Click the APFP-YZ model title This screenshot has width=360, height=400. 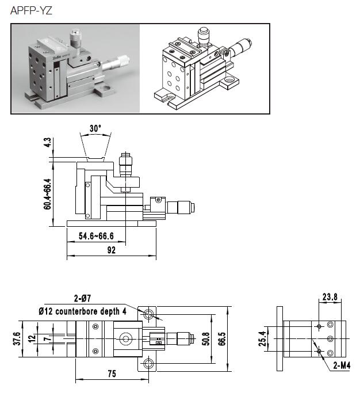[31, 10]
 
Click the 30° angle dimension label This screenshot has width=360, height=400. [95, 128]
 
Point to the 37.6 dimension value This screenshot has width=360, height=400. [17, 339]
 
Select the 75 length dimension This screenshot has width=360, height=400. [112, 374]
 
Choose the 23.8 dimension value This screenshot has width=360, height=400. [330, 298]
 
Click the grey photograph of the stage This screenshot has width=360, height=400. [76, 68]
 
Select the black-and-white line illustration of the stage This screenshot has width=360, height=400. [205, 68]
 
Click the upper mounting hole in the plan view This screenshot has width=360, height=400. [150, 314]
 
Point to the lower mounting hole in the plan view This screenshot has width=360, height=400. [150, 363]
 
